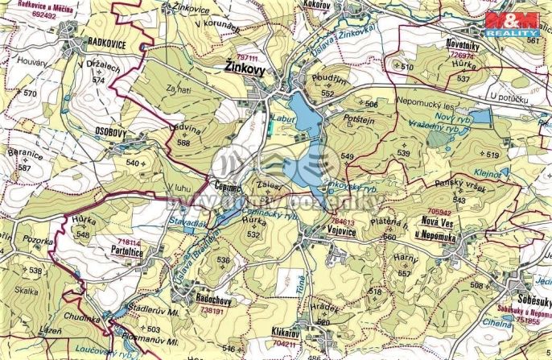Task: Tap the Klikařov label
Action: pyautogui.click(x=286, y=332)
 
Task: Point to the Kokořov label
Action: pyautogui.click(x=316, y=5)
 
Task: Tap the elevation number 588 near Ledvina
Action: pyautogui.click(x=184, y=143)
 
